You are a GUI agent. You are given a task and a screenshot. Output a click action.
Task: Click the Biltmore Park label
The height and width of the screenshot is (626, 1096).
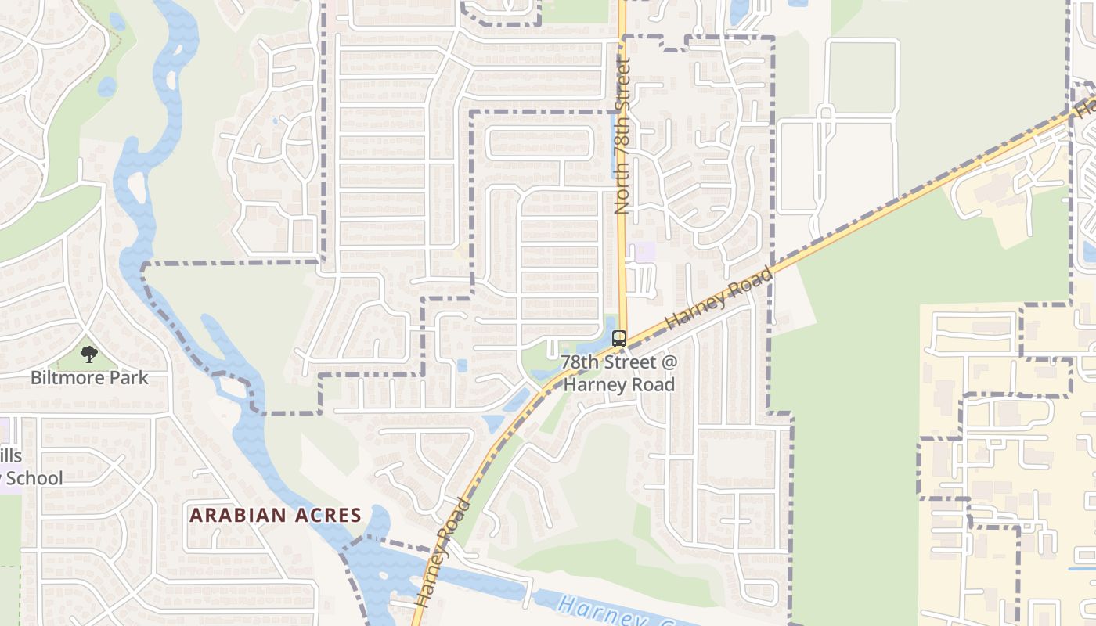tap(89, 378)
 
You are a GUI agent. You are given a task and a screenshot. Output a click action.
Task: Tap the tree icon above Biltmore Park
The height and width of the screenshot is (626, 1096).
tap(89, 354)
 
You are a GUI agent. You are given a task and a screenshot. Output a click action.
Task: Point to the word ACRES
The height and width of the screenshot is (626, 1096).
tap(327, 516)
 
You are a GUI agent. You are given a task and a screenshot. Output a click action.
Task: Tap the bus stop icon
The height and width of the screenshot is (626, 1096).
tap(619, 339)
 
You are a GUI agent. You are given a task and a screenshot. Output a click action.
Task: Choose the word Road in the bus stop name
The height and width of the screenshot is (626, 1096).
tap(655, 384)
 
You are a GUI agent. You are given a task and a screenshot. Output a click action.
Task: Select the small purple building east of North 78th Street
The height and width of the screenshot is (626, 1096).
tap(645, 252)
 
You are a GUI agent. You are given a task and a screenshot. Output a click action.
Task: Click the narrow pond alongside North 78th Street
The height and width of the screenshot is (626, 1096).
tap(613, 145)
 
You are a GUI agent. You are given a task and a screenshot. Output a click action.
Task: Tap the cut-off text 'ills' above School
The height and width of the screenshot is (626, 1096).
tap(11, 456)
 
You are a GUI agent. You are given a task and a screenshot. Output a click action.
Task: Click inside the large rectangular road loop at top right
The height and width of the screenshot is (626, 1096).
tap(861, 78)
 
